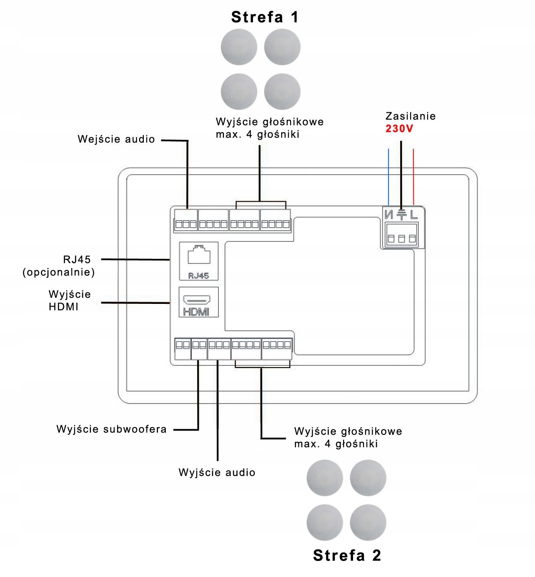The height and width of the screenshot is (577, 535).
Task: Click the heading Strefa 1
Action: pyautogui.click(x=265, y=17)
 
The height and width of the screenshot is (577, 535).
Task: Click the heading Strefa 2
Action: pyautogui.click(x=347, y=555)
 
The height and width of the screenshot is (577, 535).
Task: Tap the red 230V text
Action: pyautogui.click(x=399, y=128)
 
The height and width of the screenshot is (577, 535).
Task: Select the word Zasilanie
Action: pyautogui.click(x=410, y=116)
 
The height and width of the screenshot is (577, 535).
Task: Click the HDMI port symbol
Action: pyautogui.click(x=197, y=299)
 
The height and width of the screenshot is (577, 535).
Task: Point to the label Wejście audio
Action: pyautogui.click(x=116, y=139)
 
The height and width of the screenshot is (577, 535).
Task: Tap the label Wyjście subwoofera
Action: pyautogui.click(x=111, y=429)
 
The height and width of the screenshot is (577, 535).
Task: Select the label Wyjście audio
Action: pyautogui.click(x=217, y=472)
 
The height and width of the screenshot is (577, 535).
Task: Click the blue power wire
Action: pyautogui.click(x=389, y=177)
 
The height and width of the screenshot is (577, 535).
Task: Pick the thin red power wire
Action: pyautogui.click(x=413, y=177)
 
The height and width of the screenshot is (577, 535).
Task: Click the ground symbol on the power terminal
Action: pyautogui.click(x=402, y=215)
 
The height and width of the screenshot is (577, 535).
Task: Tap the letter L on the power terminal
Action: pyautogui.click(x=414, y=215)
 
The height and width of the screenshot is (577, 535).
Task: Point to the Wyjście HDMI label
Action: pyautogui.click(x=70, y=300)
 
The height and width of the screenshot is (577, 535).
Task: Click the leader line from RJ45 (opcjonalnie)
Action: pyautogui.click(x=135, y=259)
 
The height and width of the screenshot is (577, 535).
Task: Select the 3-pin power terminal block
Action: pyautogui.click(x=402, y=235)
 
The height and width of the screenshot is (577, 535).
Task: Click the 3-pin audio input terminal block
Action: pyautogui.click(x=186, y=220)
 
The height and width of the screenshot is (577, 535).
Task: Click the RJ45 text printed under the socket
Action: pyautogui.click(x=199, y=275)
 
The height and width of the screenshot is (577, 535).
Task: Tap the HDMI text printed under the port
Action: pyautogui.click(x=196, y=312)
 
